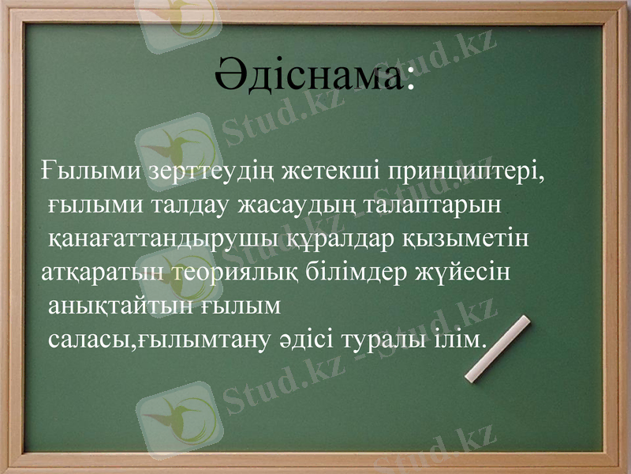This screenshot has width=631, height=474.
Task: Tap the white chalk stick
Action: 498,349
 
